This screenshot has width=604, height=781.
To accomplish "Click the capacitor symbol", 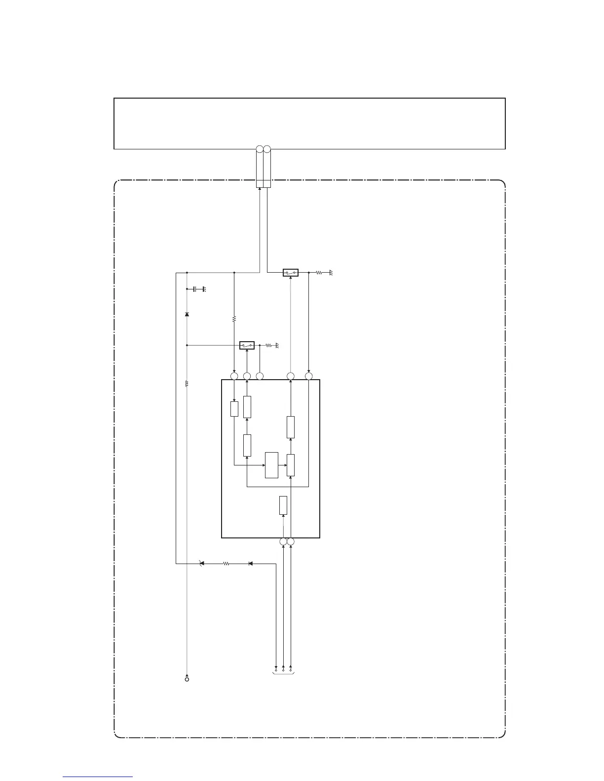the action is [196, 288].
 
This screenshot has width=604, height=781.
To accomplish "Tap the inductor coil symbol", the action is [187, 384].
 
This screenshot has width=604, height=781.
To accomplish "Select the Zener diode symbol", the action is [201, 563].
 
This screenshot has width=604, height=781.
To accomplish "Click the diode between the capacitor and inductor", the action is [187, 314].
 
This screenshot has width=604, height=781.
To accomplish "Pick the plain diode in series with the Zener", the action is [250, 563].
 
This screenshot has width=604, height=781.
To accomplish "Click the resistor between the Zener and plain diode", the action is [226, 563].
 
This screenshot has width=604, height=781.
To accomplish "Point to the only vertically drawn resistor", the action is [234, 319].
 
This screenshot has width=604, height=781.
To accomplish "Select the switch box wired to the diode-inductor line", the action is [247, 345].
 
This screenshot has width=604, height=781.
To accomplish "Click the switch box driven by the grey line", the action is [291, 272].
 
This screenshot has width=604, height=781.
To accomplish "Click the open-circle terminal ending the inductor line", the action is [187, 680].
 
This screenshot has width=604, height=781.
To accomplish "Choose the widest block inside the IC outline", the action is [271, 464].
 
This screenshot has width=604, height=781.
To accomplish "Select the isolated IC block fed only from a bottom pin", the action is [283, 505].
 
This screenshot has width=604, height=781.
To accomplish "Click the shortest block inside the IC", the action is [234, 409].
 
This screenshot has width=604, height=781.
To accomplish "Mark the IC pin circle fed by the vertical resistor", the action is [234, 377].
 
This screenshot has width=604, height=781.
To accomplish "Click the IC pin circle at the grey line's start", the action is [291, 377].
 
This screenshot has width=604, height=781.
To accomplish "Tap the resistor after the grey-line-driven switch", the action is [319, 272].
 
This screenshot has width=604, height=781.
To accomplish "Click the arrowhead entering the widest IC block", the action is [263, 464].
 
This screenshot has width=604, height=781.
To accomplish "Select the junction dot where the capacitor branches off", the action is [187, 288].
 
